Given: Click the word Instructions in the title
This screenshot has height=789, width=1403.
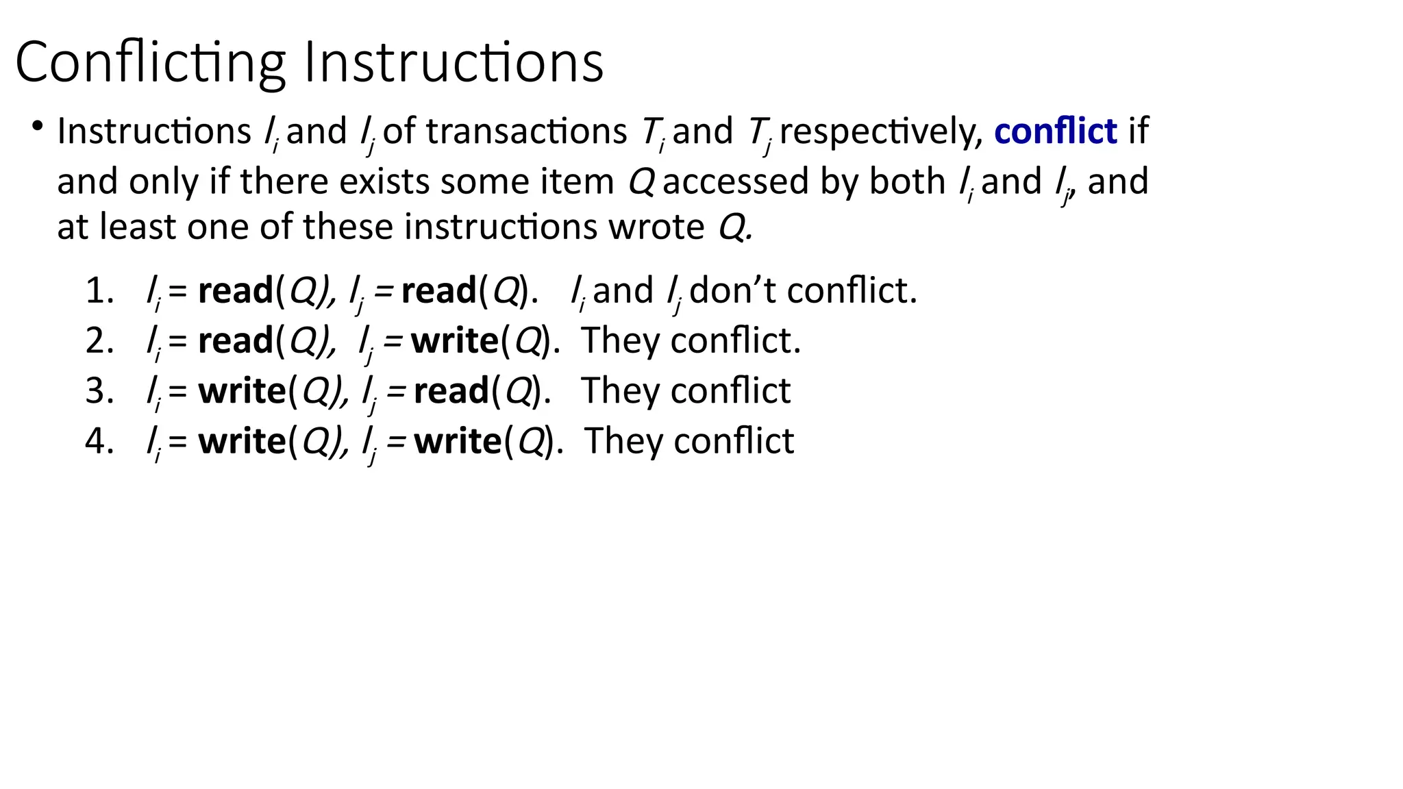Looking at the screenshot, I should pyautogui.click(x=454, y=63).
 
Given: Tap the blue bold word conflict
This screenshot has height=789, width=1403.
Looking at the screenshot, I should pyautogui.click(x=1055, y=131).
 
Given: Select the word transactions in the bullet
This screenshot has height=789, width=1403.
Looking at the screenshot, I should pyautogui.click(x=526, y=131).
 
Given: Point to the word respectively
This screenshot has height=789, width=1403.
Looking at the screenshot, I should pyautogui.click(x=881, y=132).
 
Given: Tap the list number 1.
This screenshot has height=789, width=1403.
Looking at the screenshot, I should pyautogui.click(x=98, y=291).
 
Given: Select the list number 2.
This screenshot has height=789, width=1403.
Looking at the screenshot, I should pyautogui.click(x=98, y=341).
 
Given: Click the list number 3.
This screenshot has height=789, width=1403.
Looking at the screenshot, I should pyautogui.click(x=98, y=391).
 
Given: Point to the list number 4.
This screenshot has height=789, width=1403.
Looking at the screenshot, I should pyautogui.click(x=98, y=441).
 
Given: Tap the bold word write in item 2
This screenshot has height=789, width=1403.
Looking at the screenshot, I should pyautogui.click(x=454, y=341).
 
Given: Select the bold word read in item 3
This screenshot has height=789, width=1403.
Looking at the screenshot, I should pyautogui.click(x=451, y=391).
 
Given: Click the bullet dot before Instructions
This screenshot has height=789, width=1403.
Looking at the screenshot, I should pyautogui.click(x=37, y=126).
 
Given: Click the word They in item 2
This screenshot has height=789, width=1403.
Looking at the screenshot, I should pyautogui.click(x=620, y=341).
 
